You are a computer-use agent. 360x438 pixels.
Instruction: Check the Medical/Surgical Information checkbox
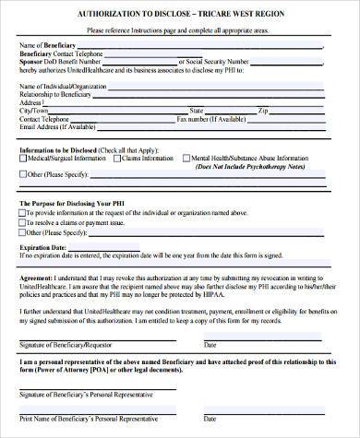pos(22,159)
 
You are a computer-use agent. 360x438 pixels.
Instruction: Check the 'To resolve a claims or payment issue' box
pos(22,222)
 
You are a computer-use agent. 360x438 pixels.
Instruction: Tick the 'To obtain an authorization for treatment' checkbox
pos(22,232)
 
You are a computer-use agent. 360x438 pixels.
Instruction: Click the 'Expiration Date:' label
pos(42,248)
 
